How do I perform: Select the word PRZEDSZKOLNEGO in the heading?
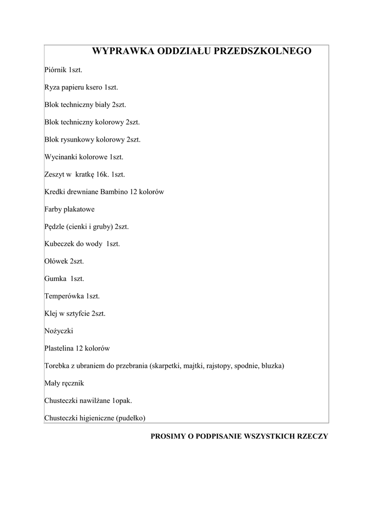click(268, 51)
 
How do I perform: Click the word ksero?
click(94, 87)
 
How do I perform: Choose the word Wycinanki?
click(60, 157)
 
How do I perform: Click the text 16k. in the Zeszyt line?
click(103, 174)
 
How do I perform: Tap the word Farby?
click(54, 209)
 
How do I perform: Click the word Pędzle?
click(55, 227)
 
